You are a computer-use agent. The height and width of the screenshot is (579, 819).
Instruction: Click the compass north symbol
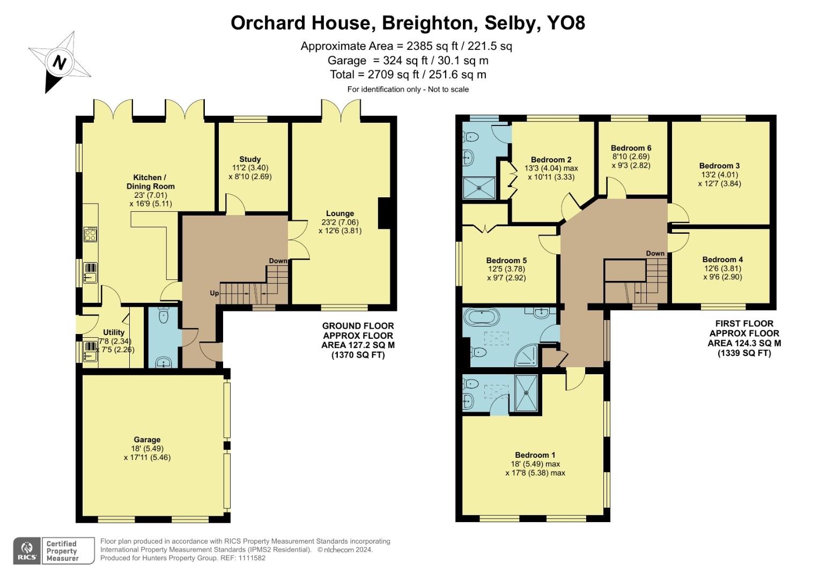[x=59, y=63]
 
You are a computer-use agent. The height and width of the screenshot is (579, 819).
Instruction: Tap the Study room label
[x=250, y=159]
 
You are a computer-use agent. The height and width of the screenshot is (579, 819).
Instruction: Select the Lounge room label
[x=340, y=213]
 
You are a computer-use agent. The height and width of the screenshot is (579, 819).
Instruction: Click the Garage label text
[x=147, y=440]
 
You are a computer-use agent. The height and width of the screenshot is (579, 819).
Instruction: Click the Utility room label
[x=114, y=332]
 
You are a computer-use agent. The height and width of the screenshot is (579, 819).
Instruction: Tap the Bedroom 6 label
[x=631, y=148]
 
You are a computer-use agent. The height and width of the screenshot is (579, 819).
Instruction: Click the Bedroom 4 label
[x=722, y=259]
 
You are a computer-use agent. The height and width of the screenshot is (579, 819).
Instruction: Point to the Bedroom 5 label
[x=506, y=261]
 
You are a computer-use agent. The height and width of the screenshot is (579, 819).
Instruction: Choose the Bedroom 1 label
[x=535, y=455]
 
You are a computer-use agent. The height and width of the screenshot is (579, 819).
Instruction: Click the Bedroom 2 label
[x=551, y=159]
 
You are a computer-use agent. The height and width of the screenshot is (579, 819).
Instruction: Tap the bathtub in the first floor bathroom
[x=481, y=317]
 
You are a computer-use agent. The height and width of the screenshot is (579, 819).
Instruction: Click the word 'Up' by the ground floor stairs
[x=214, y=293]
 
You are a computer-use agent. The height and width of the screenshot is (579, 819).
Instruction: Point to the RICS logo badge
[x=26, y=551]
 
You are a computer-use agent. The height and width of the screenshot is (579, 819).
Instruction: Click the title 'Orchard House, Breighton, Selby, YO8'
[x=408, y=23]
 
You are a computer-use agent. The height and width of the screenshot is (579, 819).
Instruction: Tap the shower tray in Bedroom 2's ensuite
[x=479, y=187]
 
